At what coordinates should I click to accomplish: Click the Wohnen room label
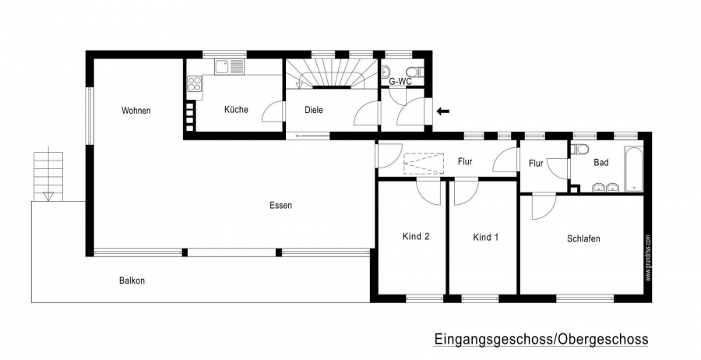tap(136, 111)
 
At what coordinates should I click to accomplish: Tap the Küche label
tap(236, 110)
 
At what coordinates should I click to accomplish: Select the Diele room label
tap(313, 110)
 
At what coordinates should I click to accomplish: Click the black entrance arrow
tap(443, 111)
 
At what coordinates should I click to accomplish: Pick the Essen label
tap(280, 205)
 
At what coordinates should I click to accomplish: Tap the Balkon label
tap(132, 281)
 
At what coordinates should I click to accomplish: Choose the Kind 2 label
tap(416, 237)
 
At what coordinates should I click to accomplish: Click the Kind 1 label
tap(485, 237)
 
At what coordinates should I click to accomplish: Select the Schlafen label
tap(583, 238)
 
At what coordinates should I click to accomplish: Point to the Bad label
tap(601, 162)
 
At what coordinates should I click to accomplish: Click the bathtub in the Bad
tap(634, 169)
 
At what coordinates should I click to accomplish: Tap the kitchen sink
tap(229, 67)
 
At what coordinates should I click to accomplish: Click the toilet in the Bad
tap(582, 149)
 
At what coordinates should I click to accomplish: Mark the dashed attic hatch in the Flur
tap(424, 164)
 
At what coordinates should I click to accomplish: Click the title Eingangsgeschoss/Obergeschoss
tap(541, 339)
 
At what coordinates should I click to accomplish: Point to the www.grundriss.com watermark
tap(648, 259)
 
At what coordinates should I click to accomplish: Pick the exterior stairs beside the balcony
tap(48, 177)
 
